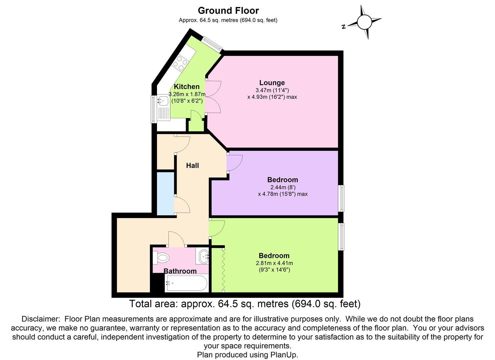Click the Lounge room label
(272, 83)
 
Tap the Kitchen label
(187, 87)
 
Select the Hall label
(192, 165)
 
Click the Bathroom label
(180, 271)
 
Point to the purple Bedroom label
(283, 180)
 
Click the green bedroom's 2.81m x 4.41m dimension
(272, 263)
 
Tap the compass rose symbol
(364, 22)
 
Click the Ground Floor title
(228, 11)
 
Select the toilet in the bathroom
(161, 257)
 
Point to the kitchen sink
(163, 100)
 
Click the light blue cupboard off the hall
(166, 194)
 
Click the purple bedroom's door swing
(234, 163)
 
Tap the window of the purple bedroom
(342, 198)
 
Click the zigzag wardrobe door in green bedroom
(223, 270)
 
